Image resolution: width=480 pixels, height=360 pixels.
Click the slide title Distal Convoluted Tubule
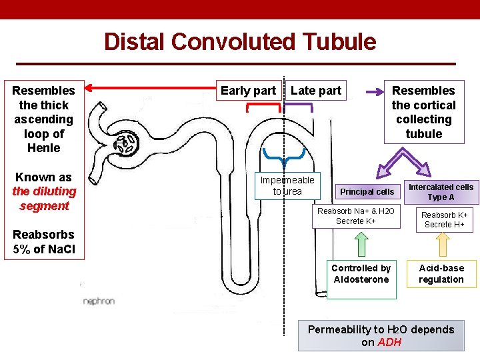pyautogui.click(x=240, y=42)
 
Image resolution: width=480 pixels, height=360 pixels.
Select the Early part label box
pyautogui.click(x=248, y=91)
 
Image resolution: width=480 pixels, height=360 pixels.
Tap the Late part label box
pyautogui.click(x=316, y=91)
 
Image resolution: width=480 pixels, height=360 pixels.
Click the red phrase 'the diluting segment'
pyautogui.click(x=44, y=199)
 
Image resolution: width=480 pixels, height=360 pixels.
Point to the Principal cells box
pyautogui.click(x=367, y=192)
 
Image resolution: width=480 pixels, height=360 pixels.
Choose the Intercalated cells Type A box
pyautogui.click(x=441, y=192)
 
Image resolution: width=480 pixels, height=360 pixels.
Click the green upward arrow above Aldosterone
pyautogui.click(x=361, y=244)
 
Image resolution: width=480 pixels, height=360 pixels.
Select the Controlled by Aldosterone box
pyautogui.click(x=361, y=274)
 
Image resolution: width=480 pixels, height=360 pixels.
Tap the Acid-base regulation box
pyautogui.click(x=441, y=274)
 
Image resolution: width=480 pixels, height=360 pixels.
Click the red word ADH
pyautogui.click(x=389, y=342)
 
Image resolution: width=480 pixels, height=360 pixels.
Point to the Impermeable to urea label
pyautogui.click(x=287, y=186)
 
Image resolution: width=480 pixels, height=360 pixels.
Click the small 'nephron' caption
pyautogui.click(x=99, y=301)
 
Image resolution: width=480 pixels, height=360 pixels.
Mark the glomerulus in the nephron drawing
pyautogui.click(x=126, y=141)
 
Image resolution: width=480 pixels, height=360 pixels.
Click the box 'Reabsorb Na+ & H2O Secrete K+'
pyautogui.click(x=355, y=216)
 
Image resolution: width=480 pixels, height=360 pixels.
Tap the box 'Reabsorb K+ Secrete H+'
pyautogui.click(x=444, y=220)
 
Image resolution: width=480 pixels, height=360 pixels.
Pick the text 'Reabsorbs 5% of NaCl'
pyautogui.click(x=44, y=242)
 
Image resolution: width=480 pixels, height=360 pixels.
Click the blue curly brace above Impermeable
pyautogui.click(x=285, y=157)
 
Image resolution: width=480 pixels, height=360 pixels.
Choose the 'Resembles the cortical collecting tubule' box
pyautogui.click(x=423, y=112)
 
